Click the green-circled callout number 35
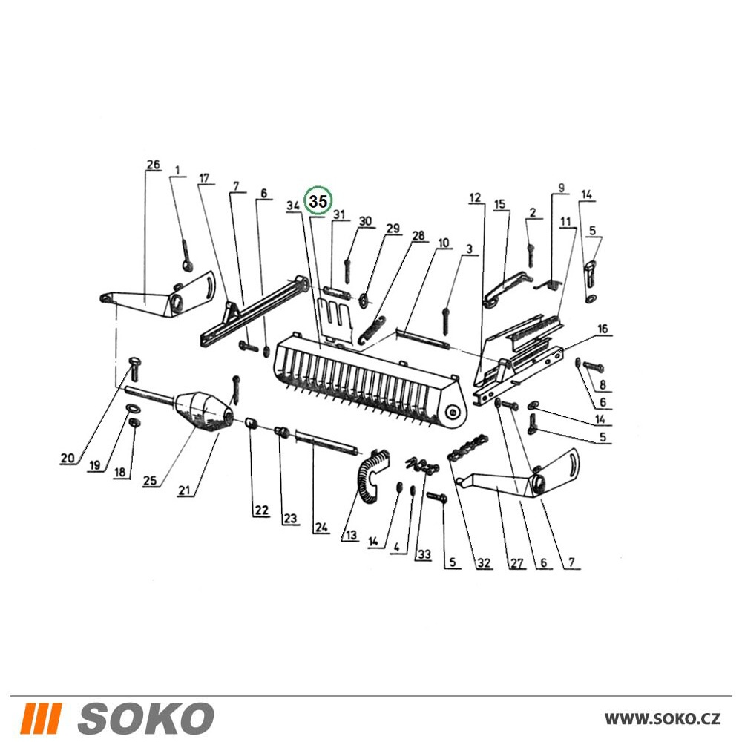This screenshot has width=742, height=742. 318,201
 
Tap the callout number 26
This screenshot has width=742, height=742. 153,165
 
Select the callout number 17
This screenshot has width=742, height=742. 204,178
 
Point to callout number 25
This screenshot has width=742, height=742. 150,480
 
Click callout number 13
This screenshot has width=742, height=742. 351,535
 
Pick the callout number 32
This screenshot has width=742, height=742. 484,562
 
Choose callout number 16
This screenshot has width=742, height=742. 603,329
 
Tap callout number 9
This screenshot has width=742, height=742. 562,188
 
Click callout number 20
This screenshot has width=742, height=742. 68,458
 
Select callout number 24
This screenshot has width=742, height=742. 321,527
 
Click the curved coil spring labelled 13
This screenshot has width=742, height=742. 374,474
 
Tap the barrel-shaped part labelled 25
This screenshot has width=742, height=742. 205,410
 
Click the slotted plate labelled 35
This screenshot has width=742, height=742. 335,319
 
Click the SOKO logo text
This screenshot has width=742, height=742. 145,718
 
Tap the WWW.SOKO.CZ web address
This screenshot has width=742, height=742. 663,719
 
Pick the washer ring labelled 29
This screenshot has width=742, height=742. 364,300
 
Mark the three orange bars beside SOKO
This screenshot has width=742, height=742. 43,718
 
